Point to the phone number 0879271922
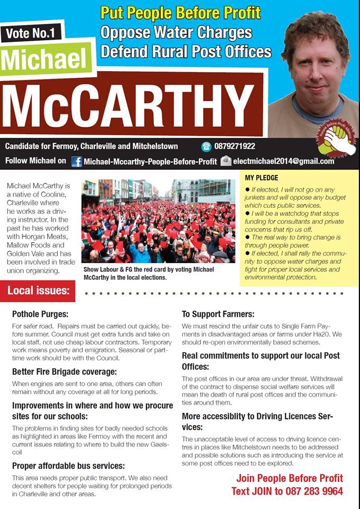tap(234, 146)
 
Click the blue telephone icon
tap(206, 146)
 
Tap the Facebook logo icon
tap(76, 161)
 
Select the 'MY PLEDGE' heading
tap(261, 178)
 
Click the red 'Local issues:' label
tap(38, 291)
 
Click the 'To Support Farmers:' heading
tap(218, 314)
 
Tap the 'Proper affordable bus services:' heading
tap(68, 466)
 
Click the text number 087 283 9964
tap(312, 491)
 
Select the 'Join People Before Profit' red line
tap(289, 478)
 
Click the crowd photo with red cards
tap(158, 221)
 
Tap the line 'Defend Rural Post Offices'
tap(186, 51)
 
